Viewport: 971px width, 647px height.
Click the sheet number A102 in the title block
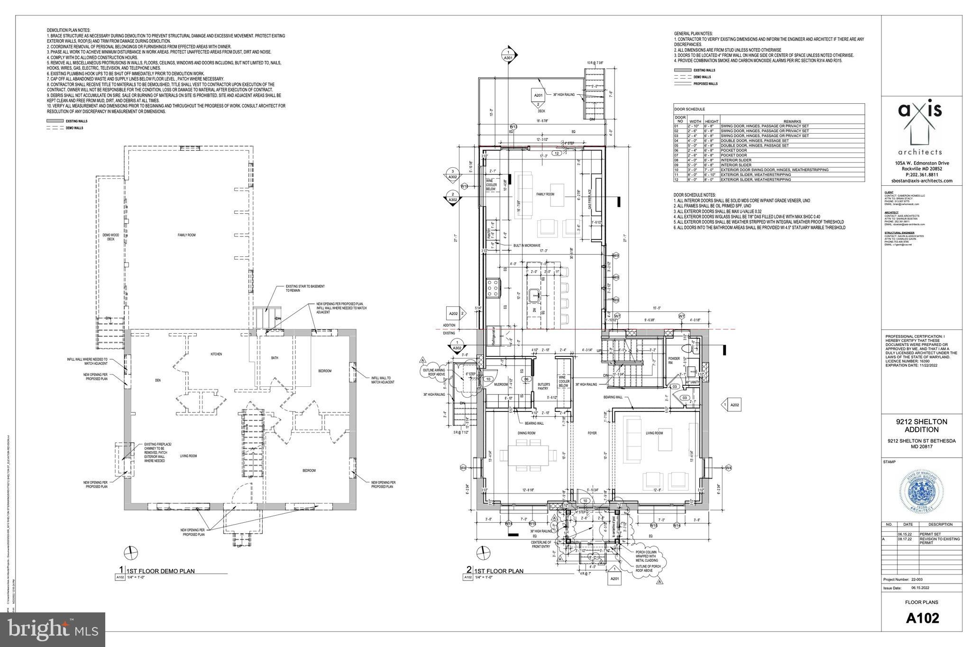(x=922, y=618)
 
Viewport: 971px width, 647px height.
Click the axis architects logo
(x=920, y=128)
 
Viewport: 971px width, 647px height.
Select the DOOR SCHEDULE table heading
(x=689, y=109)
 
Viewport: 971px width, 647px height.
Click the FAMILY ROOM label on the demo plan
(x=186, y=235)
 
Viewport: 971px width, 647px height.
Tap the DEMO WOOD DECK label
(x=111, y=237)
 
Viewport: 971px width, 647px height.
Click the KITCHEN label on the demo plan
(x=216, y=354)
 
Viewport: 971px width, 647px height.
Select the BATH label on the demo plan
(x=275, y=358)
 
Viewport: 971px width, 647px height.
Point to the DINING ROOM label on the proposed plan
(x=526, y=433)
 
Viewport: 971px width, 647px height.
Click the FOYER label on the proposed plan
(x=592, y=433)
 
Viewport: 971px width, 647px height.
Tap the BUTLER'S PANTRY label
(x=544, y=386)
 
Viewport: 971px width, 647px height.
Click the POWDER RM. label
(x=674, y=361)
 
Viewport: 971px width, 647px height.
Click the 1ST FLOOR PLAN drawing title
(x=498, y=571)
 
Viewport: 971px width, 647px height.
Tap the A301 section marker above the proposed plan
(x=508, y=55)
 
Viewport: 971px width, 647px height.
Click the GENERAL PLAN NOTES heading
(x=693, y=34)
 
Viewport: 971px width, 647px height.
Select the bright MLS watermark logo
(x=52, y=629)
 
